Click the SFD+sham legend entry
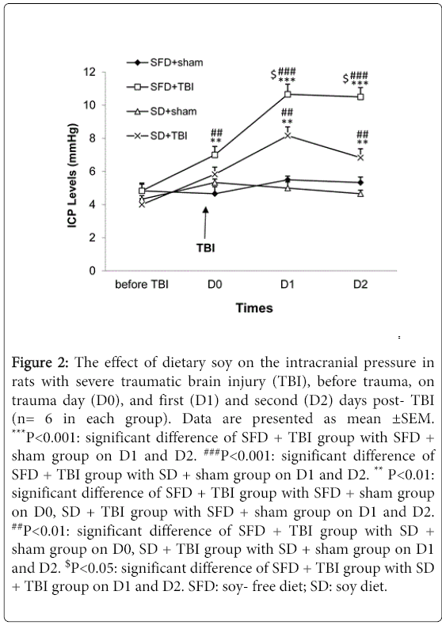click(x=164, y=62)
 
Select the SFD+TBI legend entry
click(x=160, y=87)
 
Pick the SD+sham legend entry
click(x=161, y=112)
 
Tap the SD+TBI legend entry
click(x=157, y=136)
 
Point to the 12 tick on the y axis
click(x=90, y=72)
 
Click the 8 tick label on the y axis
click(x=93, y=138)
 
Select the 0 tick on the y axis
click(x=93, y=271)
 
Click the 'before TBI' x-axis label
click(x=142, y=285)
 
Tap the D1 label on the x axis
click(x=288, y=285)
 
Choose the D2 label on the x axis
click(x=360, y=285)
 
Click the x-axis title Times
click(x=254, y=308)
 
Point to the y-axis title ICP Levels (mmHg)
click(x=72, y=176)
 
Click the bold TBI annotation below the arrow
click(x=206, y=248)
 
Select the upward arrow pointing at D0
click(x=205, y=223)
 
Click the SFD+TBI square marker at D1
click(x=288, y=94)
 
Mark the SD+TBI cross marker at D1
click(x=288, y=135)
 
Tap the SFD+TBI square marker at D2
click(x=360, y=97)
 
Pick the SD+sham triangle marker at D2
click(x=360, y=194)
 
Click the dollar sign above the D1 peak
click(x=273, y=74)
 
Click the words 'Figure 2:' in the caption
click(x=40, y=362)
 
